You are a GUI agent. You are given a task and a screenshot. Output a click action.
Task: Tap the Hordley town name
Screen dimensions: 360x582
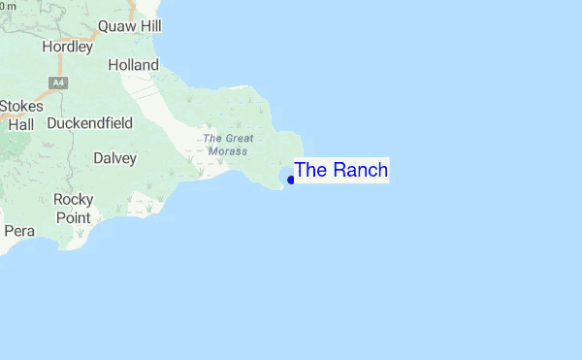[68, 46]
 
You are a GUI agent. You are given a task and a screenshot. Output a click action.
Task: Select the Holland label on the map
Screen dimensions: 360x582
[133, 64]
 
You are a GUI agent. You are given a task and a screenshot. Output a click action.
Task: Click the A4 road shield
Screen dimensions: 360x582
[61, 83]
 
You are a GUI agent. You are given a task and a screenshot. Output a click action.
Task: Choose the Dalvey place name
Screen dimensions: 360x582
[114, 157]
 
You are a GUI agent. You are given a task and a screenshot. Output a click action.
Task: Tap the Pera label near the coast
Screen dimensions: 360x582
[19, 231]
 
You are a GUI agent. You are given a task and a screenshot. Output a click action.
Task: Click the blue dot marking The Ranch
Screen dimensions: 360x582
[290, 180]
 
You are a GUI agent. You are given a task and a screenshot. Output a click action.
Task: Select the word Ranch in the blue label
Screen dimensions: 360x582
[359, 170]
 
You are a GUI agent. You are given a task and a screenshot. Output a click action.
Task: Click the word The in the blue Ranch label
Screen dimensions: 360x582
[310, 170]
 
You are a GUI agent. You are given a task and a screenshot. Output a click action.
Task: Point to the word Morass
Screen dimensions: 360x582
[226, 151]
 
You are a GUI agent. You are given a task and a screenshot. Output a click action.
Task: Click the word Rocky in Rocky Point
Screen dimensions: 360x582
[74, 200]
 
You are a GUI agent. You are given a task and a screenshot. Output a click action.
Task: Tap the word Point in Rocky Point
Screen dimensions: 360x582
[73, 217]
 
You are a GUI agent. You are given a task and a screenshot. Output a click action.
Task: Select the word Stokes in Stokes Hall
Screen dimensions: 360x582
[21, 106]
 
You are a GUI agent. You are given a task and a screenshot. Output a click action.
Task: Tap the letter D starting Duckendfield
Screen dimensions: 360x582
[51, 124]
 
